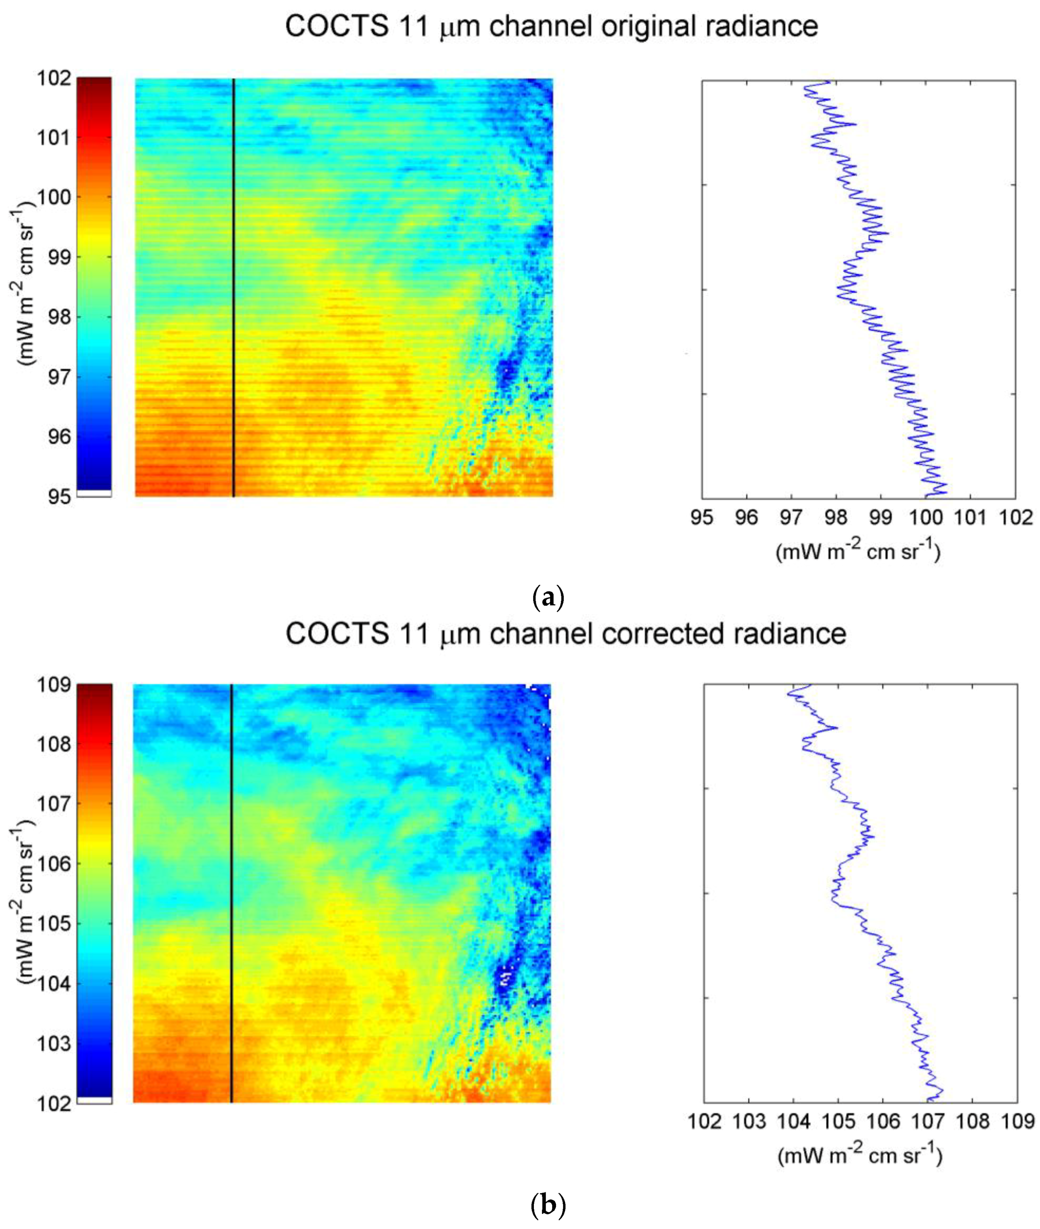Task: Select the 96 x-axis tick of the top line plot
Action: [x=746, y=518]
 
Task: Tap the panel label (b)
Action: [x=548, y=1203]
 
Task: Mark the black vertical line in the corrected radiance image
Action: [x=231, y=893]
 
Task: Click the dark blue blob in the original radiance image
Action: [x=505, y=372]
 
